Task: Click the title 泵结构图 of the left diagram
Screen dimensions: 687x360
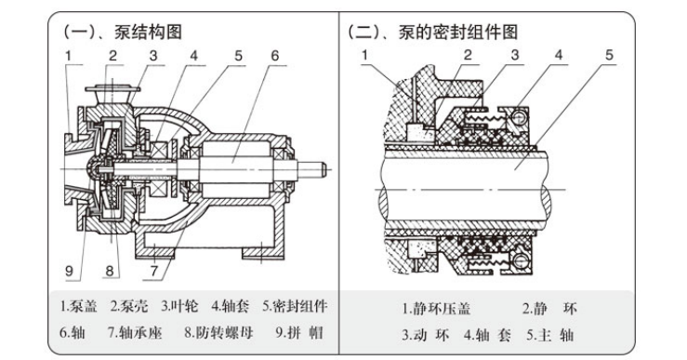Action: pos(148,32)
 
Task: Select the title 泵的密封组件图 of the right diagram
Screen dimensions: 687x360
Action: pos(458,32)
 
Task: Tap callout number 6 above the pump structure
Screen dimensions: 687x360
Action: pos(275,56)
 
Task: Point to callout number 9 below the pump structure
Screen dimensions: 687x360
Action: pos(69,271)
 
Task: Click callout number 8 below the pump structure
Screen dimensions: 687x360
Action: pos(110,271)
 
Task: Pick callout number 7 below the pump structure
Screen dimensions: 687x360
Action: pos(153,271)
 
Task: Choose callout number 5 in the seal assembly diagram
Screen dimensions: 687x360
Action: pos(610,55)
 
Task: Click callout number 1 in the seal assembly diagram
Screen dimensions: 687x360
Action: pos(365,55)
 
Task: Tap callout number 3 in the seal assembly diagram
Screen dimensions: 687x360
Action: pos(515,55)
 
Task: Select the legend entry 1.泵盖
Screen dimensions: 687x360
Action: pos(78,306)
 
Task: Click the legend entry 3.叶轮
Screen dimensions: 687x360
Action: pos(179,306)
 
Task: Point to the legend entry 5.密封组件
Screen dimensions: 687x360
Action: pos(295,306)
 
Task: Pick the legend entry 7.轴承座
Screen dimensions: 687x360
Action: pos(135,333)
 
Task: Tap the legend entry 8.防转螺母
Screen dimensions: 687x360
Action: pos(218,333)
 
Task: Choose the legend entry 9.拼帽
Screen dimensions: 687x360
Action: pos(299,333)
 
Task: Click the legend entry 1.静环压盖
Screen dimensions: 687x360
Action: pos(436,309)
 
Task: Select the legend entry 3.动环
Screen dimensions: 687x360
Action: pos(426,336)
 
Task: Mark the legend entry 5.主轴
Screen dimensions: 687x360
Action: pos(549,336)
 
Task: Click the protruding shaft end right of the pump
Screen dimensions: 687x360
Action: pos(312,168)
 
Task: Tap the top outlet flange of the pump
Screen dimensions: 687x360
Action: pos(112,89)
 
